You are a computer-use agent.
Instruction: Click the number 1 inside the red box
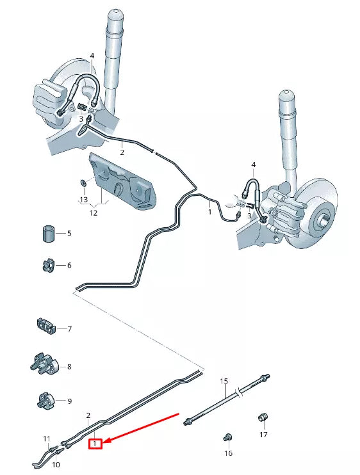95,442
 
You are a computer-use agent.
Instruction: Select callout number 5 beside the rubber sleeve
69,234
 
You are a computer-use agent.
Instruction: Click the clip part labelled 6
47,264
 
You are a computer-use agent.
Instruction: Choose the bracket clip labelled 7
45,327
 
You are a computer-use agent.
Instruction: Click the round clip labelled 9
45,401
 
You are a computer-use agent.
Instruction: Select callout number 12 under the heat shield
94,213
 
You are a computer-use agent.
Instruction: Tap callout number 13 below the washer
83,200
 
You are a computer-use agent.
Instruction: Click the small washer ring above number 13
83,184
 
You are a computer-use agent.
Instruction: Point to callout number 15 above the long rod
224,382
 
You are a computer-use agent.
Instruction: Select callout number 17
263,435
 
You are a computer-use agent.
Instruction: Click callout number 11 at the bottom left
47,439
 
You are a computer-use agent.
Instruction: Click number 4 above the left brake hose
92,56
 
